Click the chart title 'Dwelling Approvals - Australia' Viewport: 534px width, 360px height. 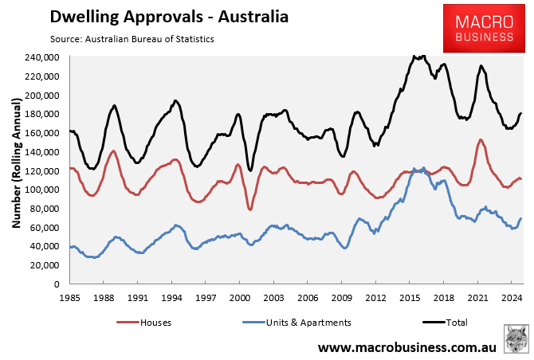[158, 16]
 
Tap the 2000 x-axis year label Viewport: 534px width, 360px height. [240, 295]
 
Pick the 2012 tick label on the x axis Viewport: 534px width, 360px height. [375, 295]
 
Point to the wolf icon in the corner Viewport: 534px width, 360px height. [516, 338]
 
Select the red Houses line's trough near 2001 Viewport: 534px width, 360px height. [250, 209]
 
